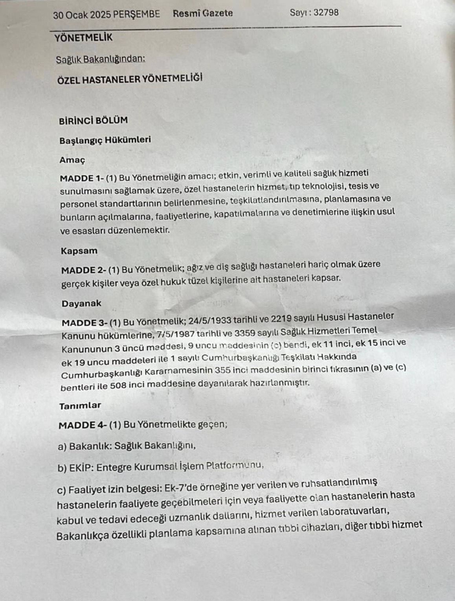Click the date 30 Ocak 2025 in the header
tap(82, 15)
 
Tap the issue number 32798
tap(326, 12)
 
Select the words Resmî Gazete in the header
tap(203, 13)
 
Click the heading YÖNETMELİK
tap(83, 38)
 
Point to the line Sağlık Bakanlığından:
tap(100, 59)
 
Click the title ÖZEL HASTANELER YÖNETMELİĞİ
tap(130, 79)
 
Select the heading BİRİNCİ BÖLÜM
tap(93, 121)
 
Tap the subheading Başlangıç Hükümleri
tap(105, 140)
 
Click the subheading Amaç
tap(72, 160)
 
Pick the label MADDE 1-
tap(82, 178)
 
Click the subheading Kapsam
tap(79, 251)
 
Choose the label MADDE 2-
tap(84, 271)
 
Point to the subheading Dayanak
tap(81, 304)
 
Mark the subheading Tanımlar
tap(80, 406)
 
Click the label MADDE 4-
tap(82, 425)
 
